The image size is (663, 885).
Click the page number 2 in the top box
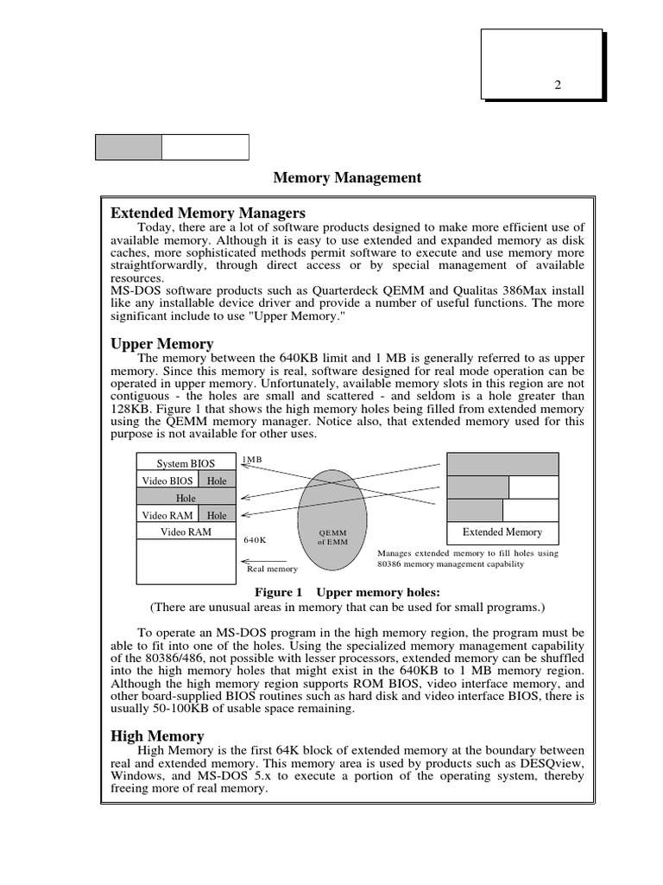558,85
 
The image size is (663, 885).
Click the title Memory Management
347,178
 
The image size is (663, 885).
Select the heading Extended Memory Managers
208,213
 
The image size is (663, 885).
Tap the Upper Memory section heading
162,344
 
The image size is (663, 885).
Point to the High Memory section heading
157,735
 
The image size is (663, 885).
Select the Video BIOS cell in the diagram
167,481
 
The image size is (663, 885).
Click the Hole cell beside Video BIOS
216,481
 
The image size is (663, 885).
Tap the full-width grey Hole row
186,498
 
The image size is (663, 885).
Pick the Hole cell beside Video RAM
216,515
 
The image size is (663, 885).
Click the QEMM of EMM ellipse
332,519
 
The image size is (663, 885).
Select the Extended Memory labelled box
502,532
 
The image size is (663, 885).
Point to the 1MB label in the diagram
252,460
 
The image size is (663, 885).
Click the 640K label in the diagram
255,539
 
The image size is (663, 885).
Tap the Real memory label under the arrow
272,569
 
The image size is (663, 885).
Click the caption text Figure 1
280,592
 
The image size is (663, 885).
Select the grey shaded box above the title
128,147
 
